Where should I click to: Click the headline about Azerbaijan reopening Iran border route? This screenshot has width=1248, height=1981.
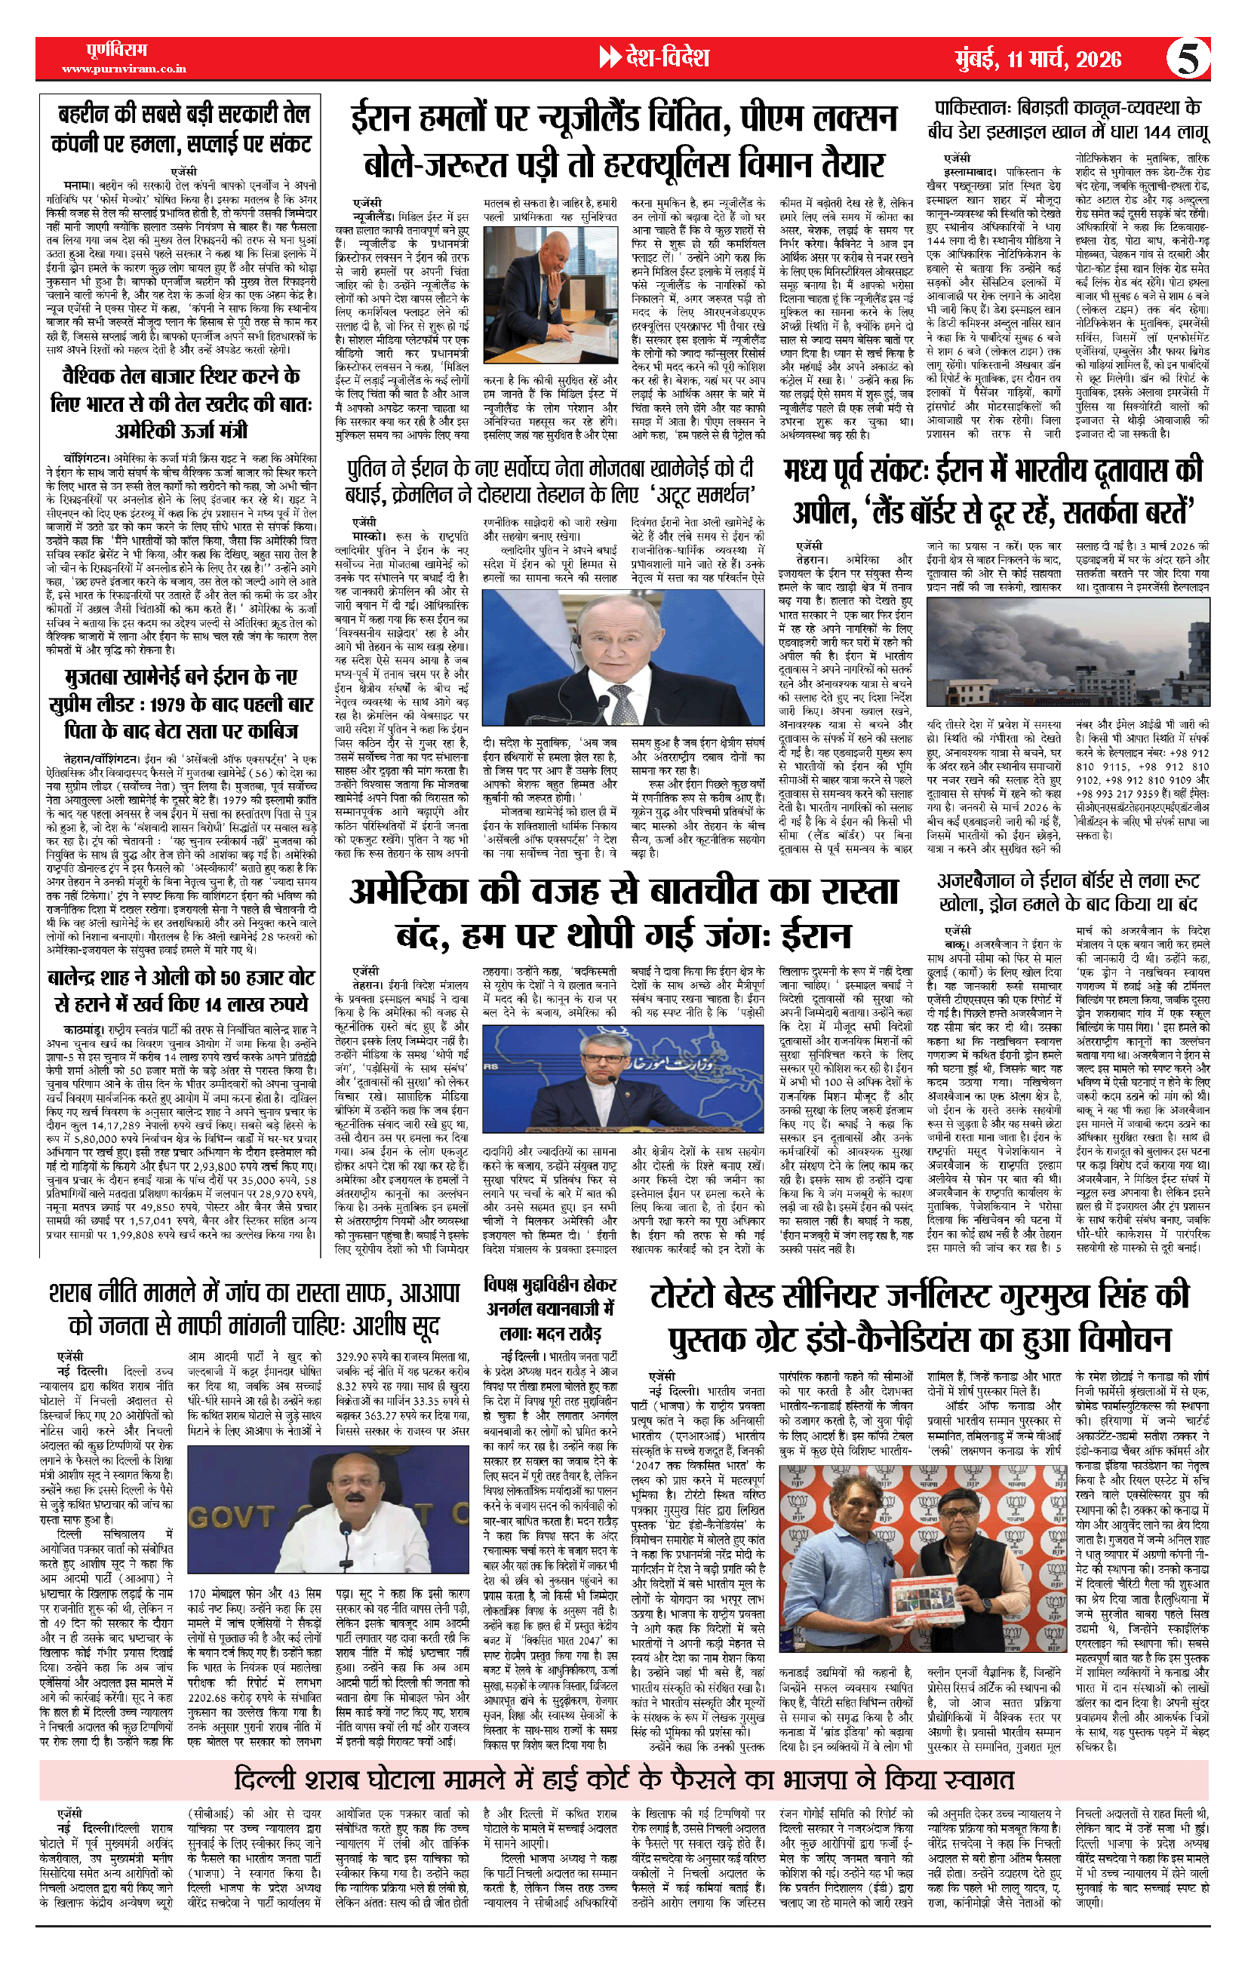click(x=1067, y=892)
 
